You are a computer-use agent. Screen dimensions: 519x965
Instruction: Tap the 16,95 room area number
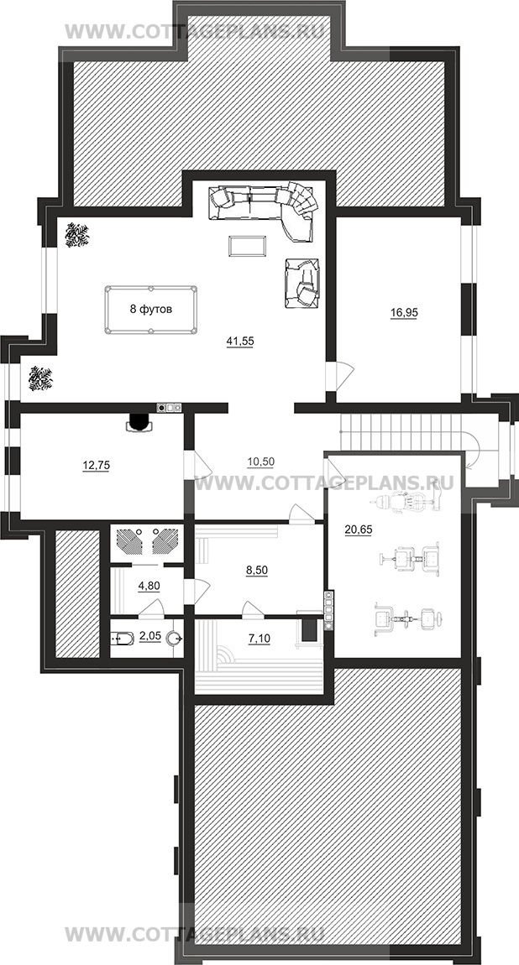(x=404, y=313)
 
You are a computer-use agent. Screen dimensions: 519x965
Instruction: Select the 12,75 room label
(x=96, y=465)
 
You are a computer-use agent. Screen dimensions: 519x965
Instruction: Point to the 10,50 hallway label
(x=260, y=462)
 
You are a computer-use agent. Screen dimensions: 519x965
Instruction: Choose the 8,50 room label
(x=257, y=570)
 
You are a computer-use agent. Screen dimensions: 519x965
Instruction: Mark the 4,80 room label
(x=149, y=586)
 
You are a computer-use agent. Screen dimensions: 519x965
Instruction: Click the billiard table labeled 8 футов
(x=151, y=309)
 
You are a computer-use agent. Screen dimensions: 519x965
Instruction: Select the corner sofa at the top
(x=265, y=209)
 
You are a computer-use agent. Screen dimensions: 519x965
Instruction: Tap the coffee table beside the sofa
(x=248, y=246)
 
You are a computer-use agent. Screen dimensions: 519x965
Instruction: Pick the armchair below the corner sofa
(x=301, y=283)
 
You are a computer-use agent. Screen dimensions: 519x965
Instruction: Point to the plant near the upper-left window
(x=77, y=235)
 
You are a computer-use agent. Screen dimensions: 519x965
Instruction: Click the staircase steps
(x=401, y=432)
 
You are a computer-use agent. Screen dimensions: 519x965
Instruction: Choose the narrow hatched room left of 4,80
(x=77, y=592)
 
